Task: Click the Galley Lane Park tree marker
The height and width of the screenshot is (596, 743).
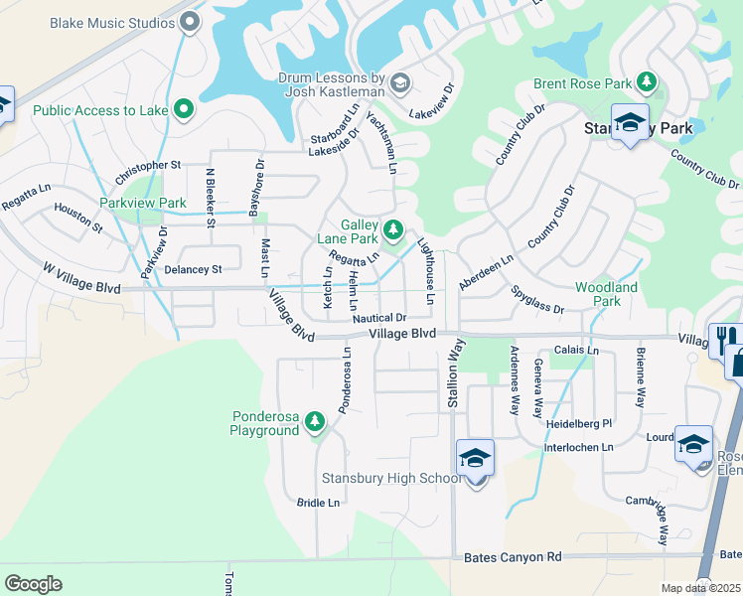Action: click(393, 230)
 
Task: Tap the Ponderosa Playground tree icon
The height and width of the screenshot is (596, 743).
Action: click(315, 422)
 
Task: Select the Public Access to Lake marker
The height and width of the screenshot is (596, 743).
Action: click(183, 109)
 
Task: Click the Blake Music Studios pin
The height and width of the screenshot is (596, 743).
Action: click(192, 21)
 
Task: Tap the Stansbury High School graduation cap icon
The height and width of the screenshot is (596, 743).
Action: click(475, 460)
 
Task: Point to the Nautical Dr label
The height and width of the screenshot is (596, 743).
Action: click(378, 318)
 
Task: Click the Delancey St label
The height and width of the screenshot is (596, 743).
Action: click(193, 269)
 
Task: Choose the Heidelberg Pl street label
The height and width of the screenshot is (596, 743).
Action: click(579, 423)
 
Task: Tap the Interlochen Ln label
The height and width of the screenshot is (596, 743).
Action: click(579, 447)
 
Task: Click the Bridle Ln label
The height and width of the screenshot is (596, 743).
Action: click(318, 503)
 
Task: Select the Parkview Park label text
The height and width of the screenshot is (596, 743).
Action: click(143, 203)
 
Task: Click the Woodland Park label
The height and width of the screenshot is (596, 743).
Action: click(606, 294)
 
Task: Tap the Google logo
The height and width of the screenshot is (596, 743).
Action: click(33, 584)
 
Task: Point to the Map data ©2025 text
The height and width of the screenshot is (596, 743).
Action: click(701, 588)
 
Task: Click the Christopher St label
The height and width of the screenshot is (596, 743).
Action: click(148, 172)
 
